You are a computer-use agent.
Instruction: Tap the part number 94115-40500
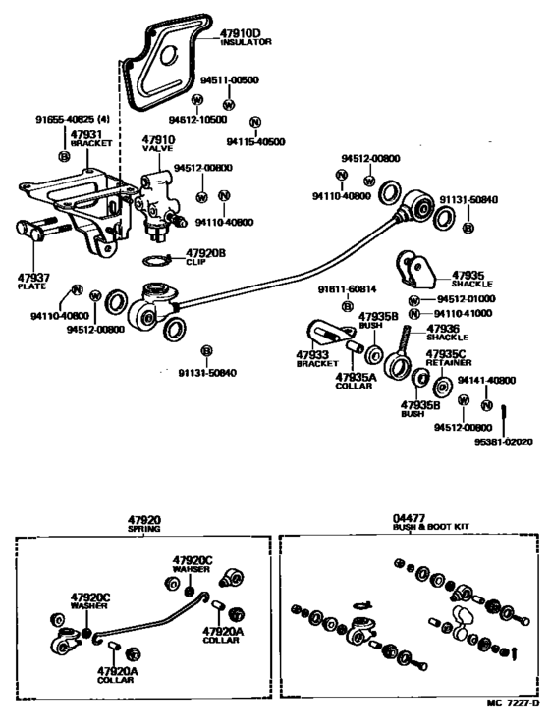(x=256, y=141)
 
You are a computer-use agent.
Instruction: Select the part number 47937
(x=32, y=278)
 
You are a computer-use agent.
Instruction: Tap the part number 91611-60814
(x=347, y=289)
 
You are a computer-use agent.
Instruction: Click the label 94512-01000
(x=466, y=298)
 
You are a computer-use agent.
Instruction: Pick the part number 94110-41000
(x=466, y=313)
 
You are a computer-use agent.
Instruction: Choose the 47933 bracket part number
(x=311, y=354)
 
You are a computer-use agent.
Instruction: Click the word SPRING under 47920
(x=144, y=527)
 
